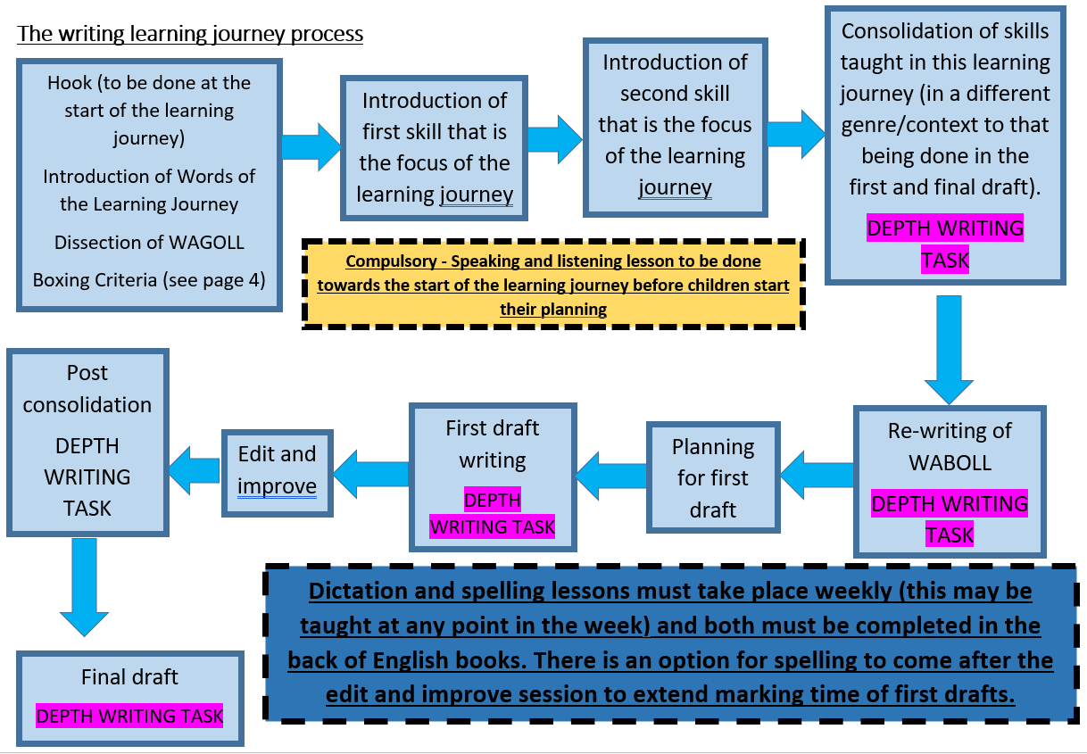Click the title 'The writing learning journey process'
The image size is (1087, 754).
[x=190, y=34]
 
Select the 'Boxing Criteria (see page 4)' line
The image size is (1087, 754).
[x=149, y=280]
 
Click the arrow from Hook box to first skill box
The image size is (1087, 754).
[x=311, y=147]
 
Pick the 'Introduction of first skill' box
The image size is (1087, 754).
[x=434, y=148]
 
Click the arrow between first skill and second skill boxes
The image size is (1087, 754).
[x=555, y=139]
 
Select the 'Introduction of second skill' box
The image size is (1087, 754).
[x=675, y=127]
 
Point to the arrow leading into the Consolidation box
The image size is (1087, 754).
[x=796, y=134]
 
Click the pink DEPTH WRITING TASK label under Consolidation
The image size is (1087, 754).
[x=945, y=244]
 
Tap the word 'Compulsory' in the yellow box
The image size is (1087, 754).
[x=391, y=261]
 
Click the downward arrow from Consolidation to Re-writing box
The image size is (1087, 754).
[x=949, y=350]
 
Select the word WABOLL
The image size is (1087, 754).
[x=950, y=463]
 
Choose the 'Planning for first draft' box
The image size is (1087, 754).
[x=713, y=477]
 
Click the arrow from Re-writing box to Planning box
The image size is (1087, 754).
[x=817, y=475]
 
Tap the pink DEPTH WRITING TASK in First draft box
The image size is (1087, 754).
[x=492, y=513]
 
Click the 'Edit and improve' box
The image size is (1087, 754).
[x=277, y=473]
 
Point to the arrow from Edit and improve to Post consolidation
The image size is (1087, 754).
[x=195, y=470]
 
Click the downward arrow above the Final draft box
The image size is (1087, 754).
[x=85, y=587]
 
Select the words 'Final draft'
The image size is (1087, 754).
[x=129, y=677]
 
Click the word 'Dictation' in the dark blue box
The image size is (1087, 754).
[x=358, y=591]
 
